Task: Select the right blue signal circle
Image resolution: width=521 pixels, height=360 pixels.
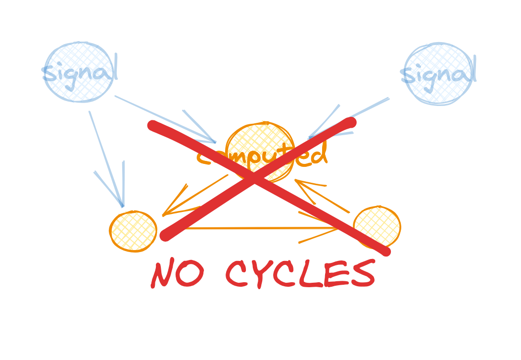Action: (438, 74)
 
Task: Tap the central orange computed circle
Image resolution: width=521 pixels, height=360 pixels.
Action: (259, 151)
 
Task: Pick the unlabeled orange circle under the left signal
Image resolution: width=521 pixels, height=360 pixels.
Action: (133, 231)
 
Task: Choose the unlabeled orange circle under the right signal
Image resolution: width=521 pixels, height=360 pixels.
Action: (377, 227)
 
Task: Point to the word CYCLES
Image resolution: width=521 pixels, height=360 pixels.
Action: (300, 274)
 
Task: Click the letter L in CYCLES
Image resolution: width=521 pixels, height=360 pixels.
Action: (311, 274)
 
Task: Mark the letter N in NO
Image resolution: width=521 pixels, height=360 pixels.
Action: (164, 274)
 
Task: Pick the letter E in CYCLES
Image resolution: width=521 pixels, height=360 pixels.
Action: (336, 274)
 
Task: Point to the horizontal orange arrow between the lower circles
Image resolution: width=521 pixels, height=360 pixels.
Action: (257, 228)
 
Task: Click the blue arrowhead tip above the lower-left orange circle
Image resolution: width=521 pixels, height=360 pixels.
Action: (122, 206)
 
